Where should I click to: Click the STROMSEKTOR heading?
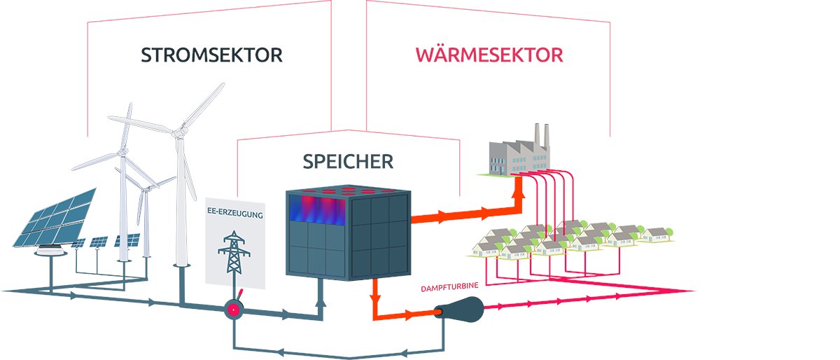(x=211, y=55)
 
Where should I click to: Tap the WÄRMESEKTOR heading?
(x=489, y=55)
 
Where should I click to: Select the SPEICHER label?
(x=348, y=162)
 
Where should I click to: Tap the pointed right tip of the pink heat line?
(x=693, y=291)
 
